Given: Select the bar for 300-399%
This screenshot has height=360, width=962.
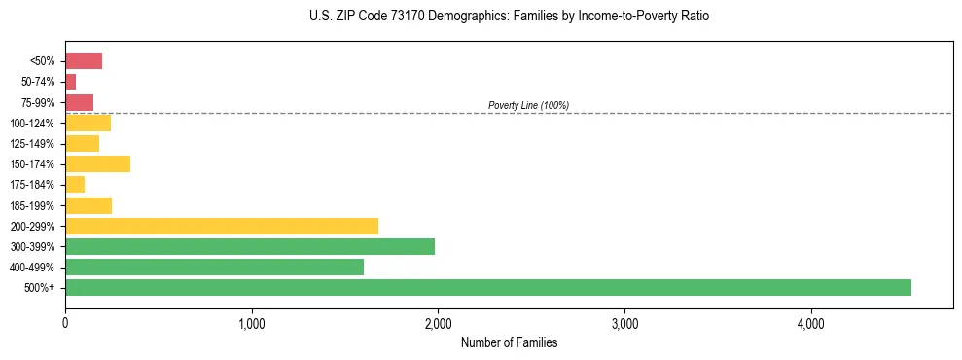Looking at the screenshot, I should (x=250, y=246).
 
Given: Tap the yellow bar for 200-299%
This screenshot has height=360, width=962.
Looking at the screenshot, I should (x=222, y=226).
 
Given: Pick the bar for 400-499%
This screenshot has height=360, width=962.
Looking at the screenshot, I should (x=214, y=267).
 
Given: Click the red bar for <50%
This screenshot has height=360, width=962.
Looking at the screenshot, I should (x=84, y=61).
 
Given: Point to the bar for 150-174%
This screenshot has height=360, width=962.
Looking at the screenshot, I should (x=97, y=163).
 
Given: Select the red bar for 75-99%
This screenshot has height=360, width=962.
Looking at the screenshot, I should (x=79, y=102).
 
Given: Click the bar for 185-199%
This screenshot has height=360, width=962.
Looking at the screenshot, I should (x=89, y=205).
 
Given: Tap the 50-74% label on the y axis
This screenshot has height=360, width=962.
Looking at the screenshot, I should (x=40, y=82).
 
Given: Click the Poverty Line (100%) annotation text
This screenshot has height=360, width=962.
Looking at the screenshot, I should (x=528, y=105).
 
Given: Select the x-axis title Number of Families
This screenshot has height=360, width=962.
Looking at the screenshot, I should (x=509, y=342).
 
